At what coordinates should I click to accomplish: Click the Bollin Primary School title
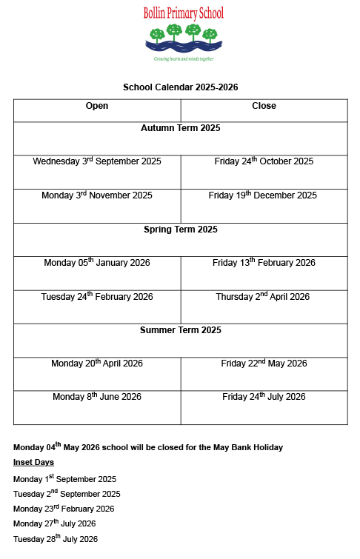tap(183, 13)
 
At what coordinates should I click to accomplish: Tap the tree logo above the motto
tap(184, 36)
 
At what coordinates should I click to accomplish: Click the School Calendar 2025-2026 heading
tap(180, 87)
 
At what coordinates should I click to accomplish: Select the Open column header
tap(97, 106)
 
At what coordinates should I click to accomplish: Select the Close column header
tap(264, 106)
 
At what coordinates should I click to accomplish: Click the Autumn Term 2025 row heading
tap(180, 128)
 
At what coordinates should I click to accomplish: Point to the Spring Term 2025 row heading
tap(180, 230)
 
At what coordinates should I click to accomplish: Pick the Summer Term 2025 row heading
tap(180, 330)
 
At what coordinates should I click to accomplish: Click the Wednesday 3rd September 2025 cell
tap(97, 161)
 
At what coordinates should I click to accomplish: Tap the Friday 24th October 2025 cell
tap(264, 161)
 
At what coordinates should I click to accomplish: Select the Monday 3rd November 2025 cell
tap(97, 195)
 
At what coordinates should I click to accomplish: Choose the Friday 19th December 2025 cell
tap(264, 195)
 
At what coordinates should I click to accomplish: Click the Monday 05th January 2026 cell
tap(97, 263)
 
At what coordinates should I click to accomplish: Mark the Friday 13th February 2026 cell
tap(264, 263)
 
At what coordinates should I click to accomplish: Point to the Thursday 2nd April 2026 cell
tap(264, 297)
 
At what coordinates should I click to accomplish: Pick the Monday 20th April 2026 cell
tap(97, 364)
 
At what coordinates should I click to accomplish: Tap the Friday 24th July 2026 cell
tap(264, 397)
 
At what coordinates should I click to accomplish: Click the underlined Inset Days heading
tap(33, 462)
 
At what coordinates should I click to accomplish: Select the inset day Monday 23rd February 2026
tap(64, 509)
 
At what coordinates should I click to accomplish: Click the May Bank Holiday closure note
tap(148, 447)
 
